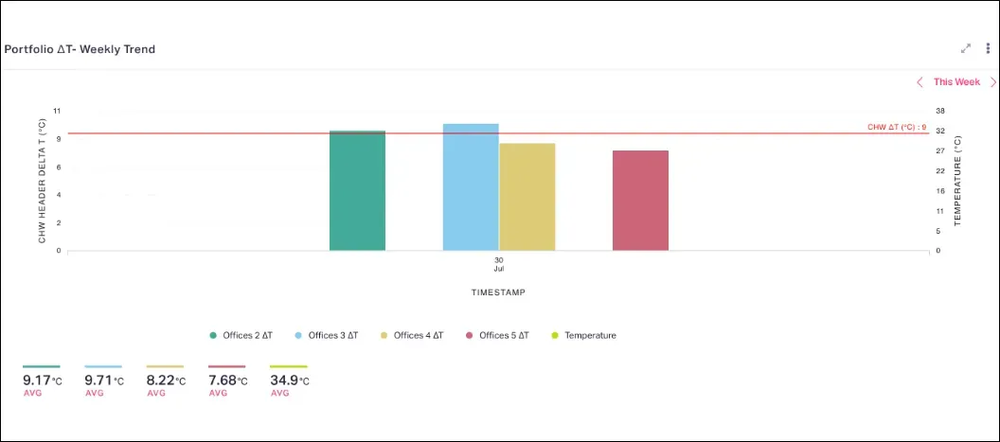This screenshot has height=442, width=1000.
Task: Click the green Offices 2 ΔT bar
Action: tap(357, 190)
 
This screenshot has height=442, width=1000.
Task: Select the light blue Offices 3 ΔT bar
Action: tap(471, 186)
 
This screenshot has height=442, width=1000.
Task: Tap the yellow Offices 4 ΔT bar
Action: tap(527, 197)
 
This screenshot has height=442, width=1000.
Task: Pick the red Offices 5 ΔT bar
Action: tap(640, 200)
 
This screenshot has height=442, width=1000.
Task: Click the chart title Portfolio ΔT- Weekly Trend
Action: tap(80, 49)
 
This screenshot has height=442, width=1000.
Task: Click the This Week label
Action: tap(956, 82)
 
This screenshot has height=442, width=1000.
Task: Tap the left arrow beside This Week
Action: tap(920, 82)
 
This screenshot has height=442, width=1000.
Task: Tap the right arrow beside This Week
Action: tap(992, 82)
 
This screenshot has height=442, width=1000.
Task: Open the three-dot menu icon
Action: tap(988, 48)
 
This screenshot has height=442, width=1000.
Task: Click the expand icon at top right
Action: tap(966, 48)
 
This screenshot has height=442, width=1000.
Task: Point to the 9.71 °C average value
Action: tap(103, 380)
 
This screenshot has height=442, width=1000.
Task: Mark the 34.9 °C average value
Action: tap(289, 380)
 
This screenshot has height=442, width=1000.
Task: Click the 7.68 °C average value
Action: tap(227, 380)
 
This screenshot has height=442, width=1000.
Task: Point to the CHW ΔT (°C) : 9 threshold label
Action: tap(896, 127)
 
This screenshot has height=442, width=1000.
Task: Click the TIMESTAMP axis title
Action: tap(498, 292)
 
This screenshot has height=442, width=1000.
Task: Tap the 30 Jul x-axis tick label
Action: tap(498, 264)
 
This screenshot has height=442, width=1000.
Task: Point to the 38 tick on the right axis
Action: tap(939, 111)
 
